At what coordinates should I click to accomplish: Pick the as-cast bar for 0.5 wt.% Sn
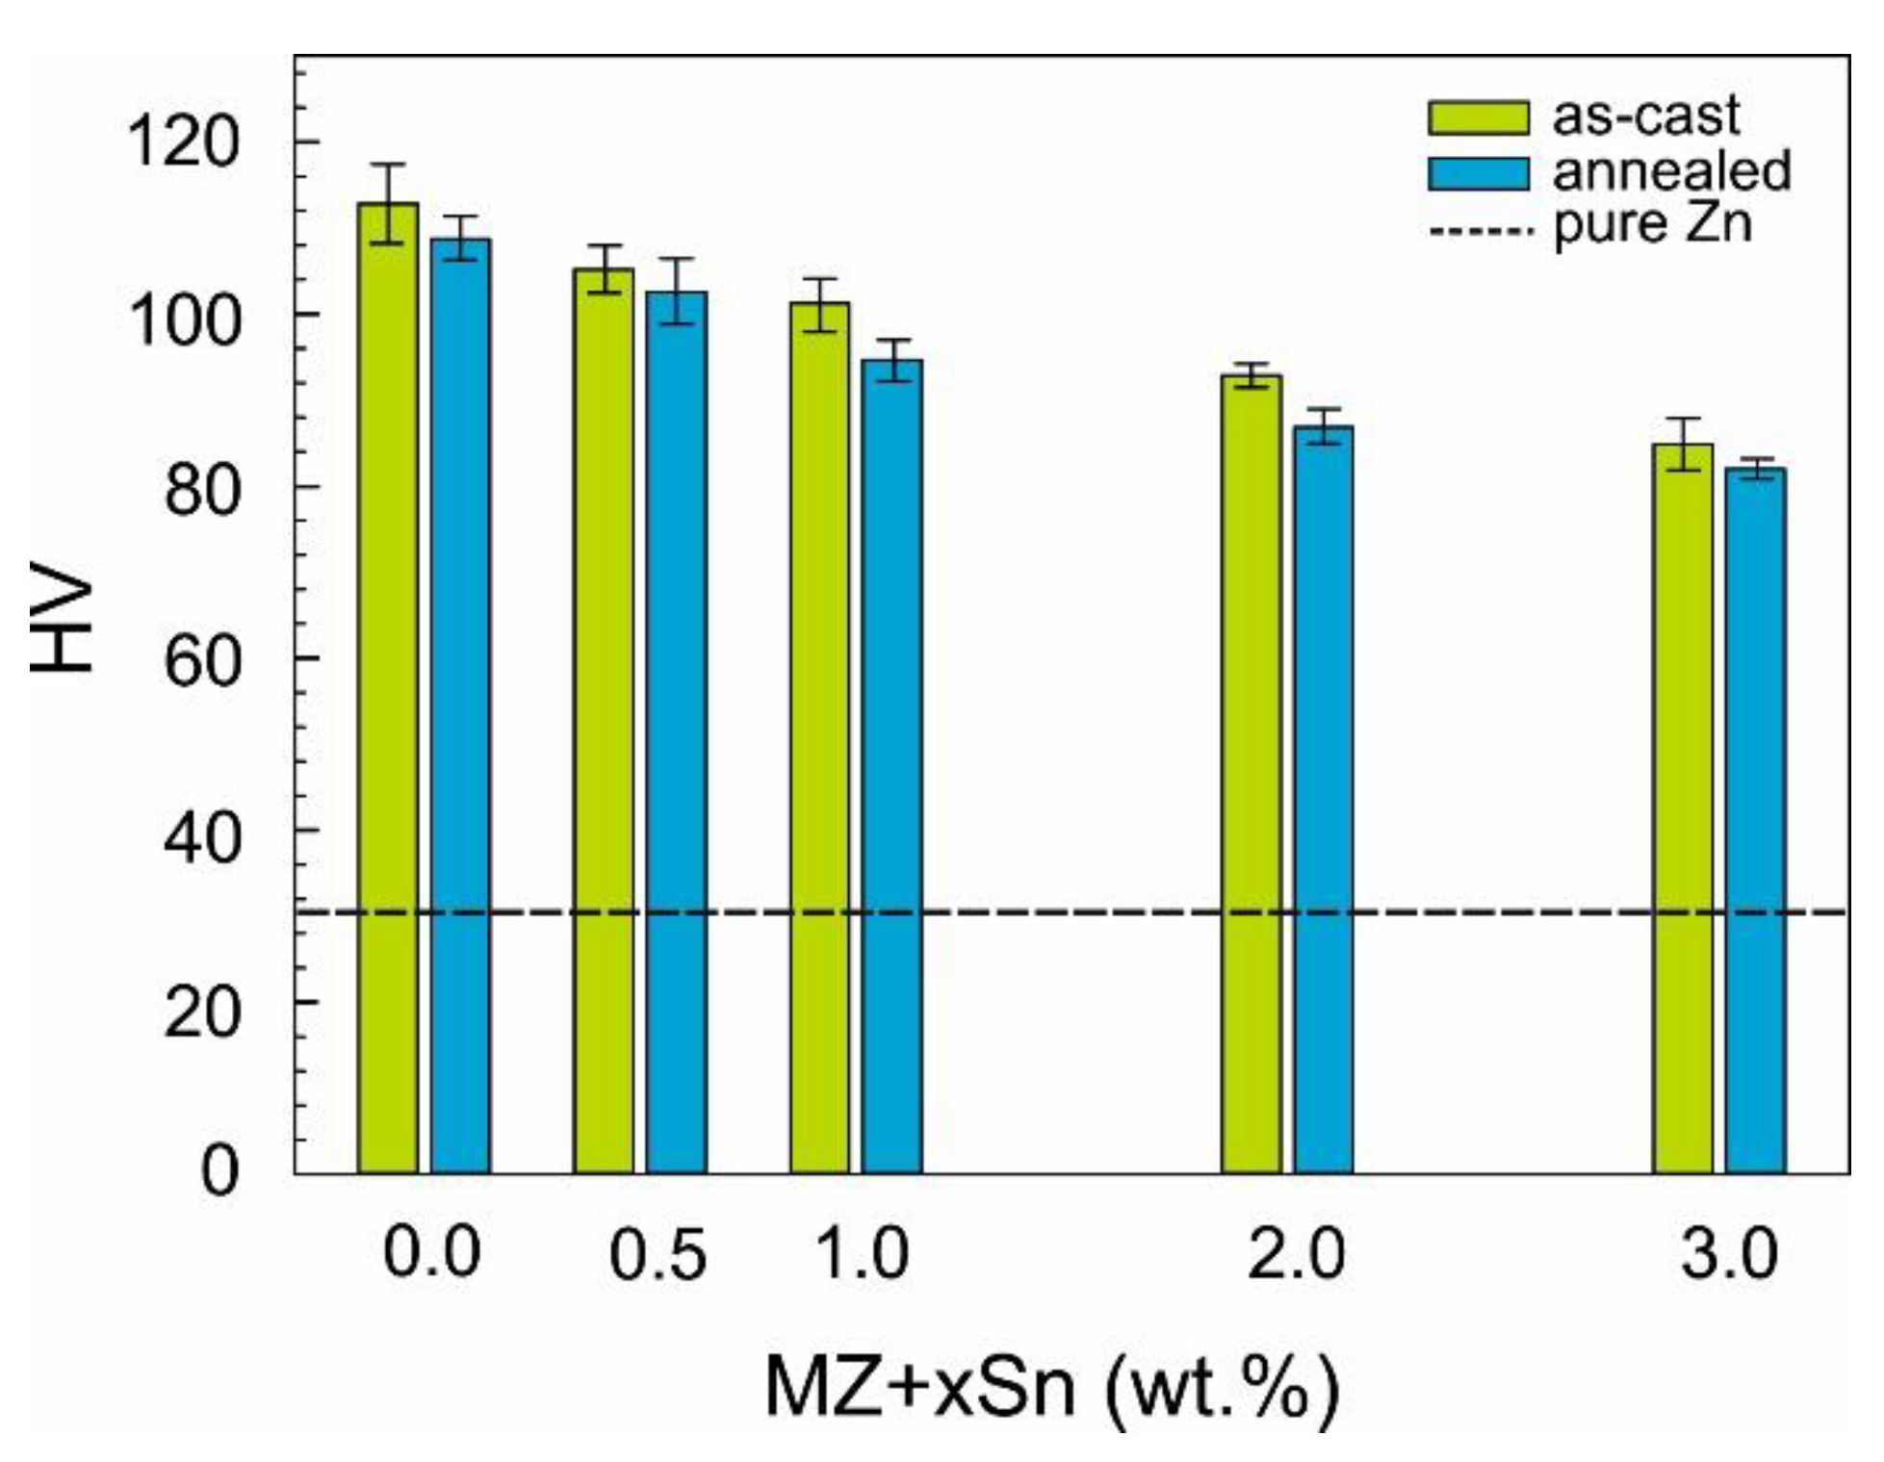click(604, 721)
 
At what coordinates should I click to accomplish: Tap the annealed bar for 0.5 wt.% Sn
click(676, 731)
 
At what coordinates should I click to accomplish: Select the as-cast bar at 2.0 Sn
click(1252, 774)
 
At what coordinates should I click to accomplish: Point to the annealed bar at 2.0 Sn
click(1324, 799)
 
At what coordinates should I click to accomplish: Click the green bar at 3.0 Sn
click(1683, 808)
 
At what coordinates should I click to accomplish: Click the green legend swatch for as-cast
click(1478, 117)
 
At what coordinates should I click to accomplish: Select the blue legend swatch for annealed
click(1478, 173)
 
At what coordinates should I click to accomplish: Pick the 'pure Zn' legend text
click(1652, 224)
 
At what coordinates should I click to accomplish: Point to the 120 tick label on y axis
click(181, 141)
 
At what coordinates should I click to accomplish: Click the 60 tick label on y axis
click(200, 659)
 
